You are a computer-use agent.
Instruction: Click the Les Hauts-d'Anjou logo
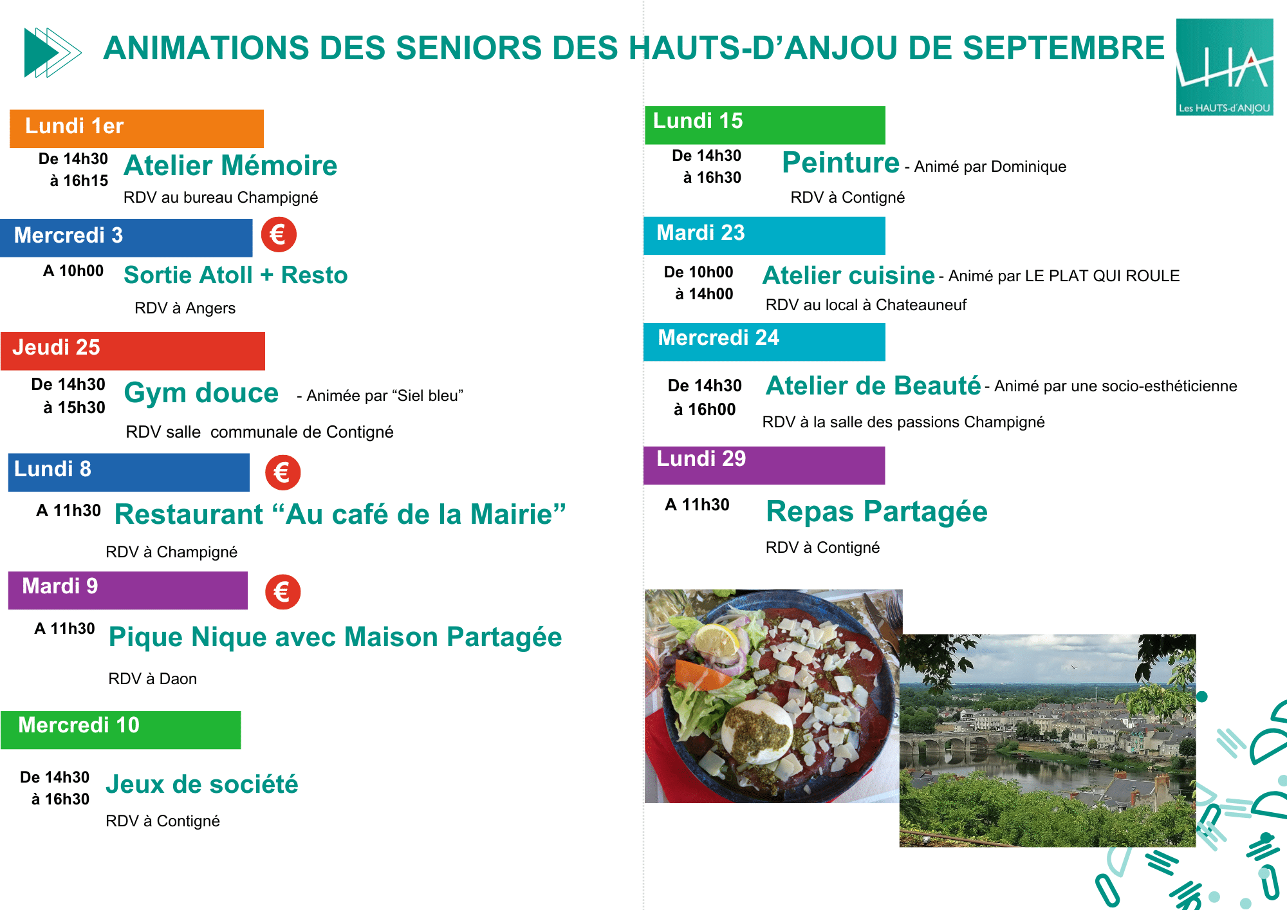click(x=1225, y=67)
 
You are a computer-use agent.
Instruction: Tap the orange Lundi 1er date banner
click(x=136, y=128)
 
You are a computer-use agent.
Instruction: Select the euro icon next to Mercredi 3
click(x=279, y=234)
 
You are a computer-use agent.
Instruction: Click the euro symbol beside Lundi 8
click(x=282, y=472)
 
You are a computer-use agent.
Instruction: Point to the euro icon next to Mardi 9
click(x=282, y=591)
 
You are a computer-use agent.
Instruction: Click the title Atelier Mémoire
click(x=230, y=165)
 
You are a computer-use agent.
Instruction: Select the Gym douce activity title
click(x=201, y=393)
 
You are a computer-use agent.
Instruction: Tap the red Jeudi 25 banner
click(x=133, y=351)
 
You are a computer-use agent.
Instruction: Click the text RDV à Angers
click(x=185, y=308)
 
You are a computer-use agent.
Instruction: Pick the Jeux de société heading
click(x=202, y=785)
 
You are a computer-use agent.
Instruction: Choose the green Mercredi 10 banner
click(x=121, y=730)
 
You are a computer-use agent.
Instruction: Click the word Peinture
click(x=840, y=162)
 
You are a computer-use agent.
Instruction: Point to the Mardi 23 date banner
click(x=764, y=236)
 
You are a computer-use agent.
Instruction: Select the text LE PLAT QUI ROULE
click(x=1102, y=276)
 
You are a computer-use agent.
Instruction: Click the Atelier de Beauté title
click(x=873, y=385)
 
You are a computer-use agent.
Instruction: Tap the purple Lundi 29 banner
click(x=764, y=465)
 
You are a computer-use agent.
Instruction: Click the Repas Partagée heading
click(x=876, y=512)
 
